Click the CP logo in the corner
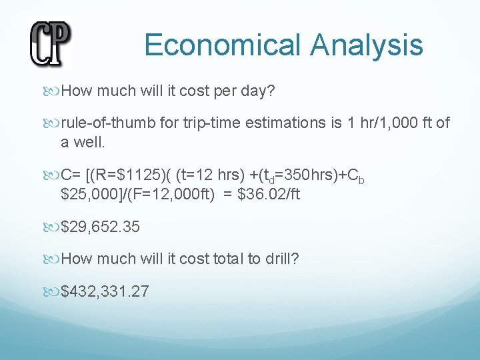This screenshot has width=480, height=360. [50, 43]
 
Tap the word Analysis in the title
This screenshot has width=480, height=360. [366, 45]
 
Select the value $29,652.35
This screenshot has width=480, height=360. [101, 227]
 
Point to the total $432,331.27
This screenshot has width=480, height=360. [105, 291]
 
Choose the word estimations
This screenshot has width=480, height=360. [253, 123]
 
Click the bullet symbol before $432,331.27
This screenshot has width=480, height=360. [53, 291]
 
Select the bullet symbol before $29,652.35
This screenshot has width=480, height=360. [53, 227]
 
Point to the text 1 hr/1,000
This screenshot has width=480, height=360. [374, 123]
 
